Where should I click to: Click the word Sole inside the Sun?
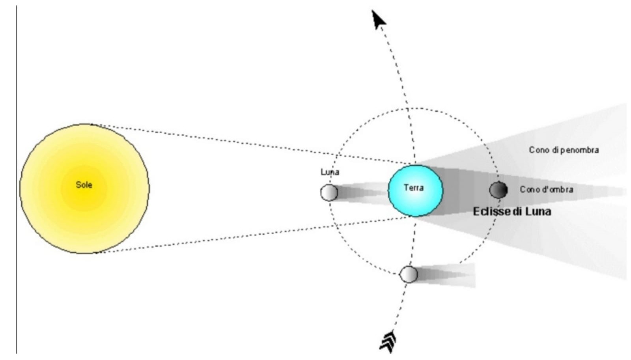pos(84,185)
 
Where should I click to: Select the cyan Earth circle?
pos(415,191)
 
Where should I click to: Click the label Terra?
pos(414,187)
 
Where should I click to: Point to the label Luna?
pos(330,172)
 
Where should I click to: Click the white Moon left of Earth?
pos(329,193)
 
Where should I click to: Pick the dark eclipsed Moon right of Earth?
pos(498,190)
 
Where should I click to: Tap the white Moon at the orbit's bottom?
pos(409,274)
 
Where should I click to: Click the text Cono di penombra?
pos(564,150)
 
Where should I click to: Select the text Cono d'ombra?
pos(547,190)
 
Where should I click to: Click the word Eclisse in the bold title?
pos(491,211)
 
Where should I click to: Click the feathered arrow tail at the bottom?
pos(388,341)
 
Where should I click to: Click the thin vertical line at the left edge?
pos(16,179)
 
